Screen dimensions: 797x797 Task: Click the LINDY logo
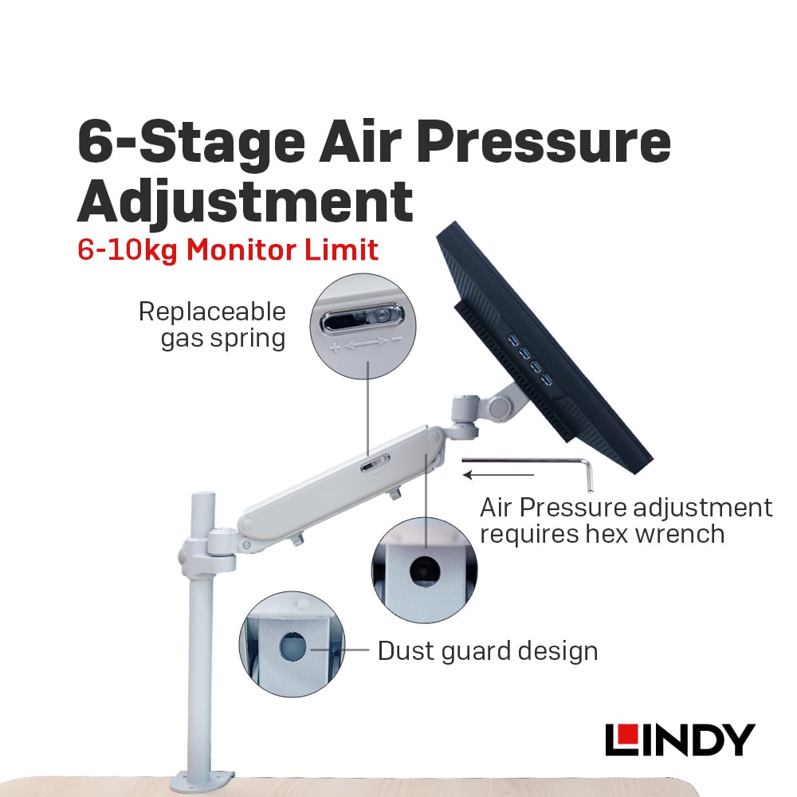coord(680,740)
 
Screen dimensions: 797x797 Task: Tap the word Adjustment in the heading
coord(245,202)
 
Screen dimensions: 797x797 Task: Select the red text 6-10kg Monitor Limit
coord(228,250)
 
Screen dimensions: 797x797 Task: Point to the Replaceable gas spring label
coord(213,325)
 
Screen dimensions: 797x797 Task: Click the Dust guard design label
coord(488,651)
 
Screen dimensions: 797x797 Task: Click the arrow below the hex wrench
coord(498,475)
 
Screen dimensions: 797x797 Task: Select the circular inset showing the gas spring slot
coord(363,326)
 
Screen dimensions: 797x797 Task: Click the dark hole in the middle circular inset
coord(425,571)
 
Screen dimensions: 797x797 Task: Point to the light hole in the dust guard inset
coord(293,646)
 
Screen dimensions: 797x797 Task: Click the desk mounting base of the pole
coord(202,780)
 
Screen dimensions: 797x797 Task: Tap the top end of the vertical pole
coord(202,495)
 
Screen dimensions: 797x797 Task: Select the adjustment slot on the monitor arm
coord(375,463)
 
